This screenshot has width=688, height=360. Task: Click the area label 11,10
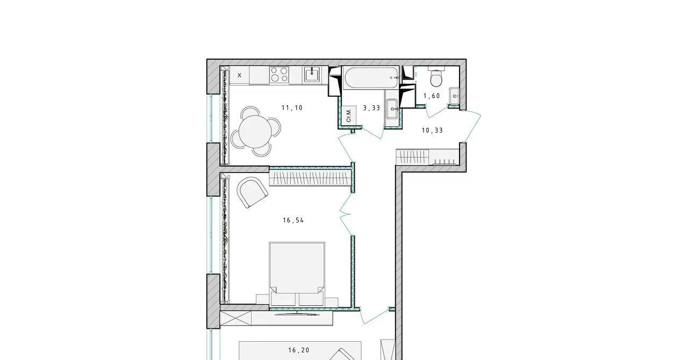(x=292, y=108)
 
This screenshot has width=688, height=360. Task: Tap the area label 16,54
(x=293, y=220)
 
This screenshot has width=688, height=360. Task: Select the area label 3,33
(x=371, y=108)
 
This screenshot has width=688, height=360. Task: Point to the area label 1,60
(x=432, y=96)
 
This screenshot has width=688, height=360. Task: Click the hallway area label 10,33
(x=433, y=131)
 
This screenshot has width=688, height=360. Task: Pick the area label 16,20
(x=299, y=350)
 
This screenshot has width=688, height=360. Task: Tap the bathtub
(x=371, y=78)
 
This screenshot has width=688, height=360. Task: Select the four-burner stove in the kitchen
(x=279, y=75)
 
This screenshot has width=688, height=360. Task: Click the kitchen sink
(x=312, y=75)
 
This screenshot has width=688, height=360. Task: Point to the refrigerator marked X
(x=239, y=75)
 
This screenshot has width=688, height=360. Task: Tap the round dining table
(x=255, y=132)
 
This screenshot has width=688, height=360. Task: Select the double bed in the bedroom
(x=297, y=273)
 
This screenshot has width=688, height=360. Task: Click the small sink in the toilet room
(x=454, y=96)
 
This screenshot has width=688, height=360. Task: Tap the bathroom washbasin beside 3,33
(x=393, y=109)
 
